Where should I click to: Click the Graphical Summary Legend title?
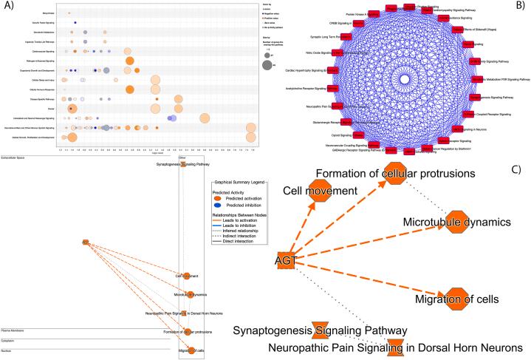coord(238,183)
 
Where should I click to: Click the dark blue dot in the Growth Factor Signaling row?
coord(76,23)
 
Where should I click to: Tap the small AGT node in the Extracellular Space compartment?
coord(86,242)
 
